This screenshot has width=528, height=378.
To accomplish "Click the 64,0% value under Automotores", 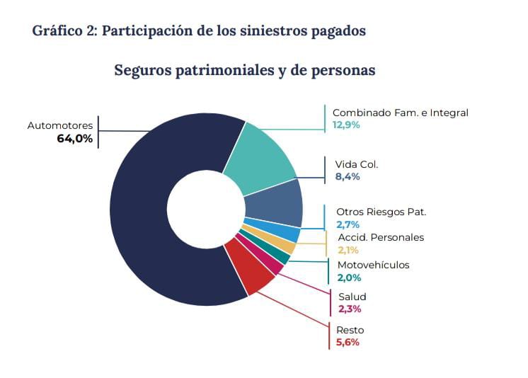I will pyautogui.click(x=74, y=139).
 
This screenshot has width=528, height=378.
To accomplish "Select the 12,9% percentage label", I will pyautogui.click(x=347, y=125).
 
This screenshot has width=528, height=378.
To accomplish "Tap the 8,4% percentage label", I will pyautogui.click(x=348, y=176).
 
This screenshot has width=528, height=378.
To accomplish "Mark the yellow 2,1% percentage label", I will pyautogui.click(x=348, y=250).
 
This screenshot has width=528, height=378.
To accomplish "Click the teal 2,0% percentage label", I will pyautogui.click(x=348, y=278).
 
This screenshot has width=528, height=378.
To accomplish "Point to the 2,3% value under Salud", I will pyautogui.click(x=349, y=309).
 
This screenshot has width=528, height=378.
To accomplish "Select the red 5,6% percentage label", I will pyautogui.click(x=348, y=343).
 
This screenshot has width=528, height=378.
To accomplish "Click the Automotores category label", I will pyautogui.click(x=60, y=125).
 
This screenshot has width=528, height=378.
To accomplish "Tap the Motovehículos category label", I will pyautogui.click(x=373, y=265).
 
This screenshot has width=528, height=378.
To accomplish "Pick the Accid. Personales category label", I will pyautogui.click(x=381, y=237).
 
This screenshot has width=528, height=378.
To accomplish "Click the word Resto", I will pyautogui.click(x=350, y=330).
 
